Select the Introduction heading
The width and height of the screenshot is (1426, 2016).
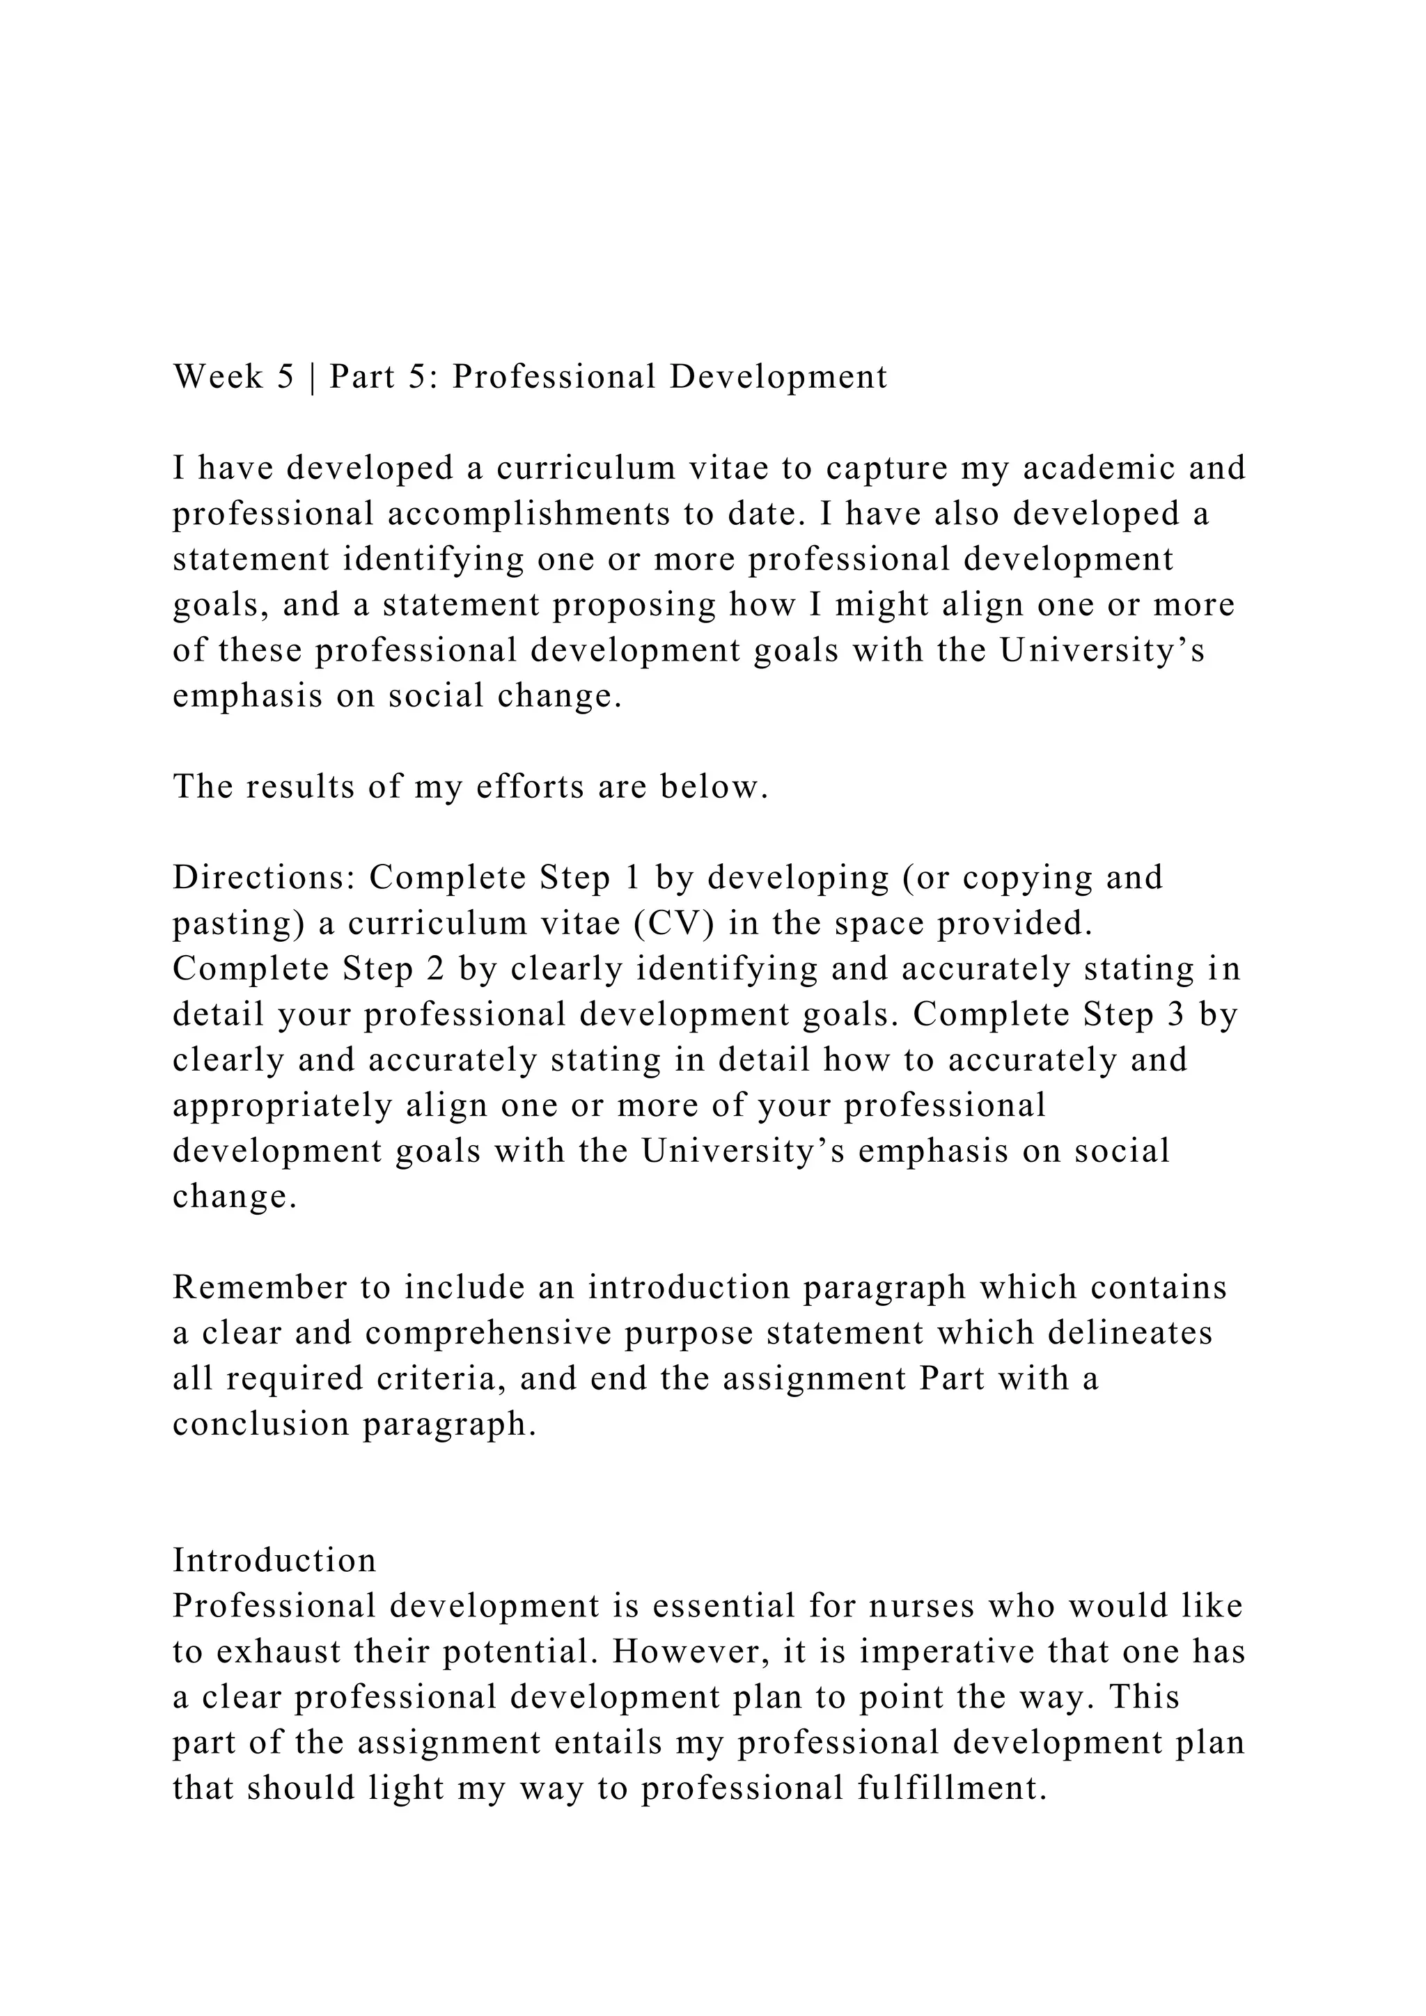click(274, 1560)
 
